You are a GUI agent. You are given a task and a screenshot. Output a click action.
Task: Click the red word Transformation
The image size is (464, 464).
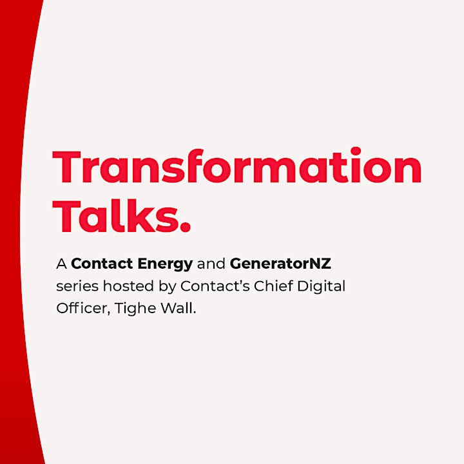(x=237, y=166)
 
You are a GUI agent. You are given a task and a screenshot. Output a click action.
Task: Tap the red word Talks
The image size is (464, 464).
(x=121, y=216)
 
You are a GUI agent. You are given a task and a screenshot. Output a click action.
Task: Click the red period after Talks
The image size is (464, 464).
(x=185, y=227)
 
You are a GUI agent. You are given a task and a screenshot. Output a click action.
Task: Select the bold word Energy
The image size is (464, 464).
(x=165, y=264)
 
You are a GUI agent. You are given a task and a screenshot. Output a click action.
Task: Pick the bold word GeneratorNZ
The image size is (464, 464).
(x=280, y=264)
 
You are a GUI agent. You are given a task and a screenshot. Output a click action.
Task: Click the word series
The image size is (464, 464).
(x=77, y=286)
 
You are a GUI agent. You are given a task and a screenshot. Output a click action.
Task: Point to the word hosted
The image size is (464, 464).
(x=128, y=286)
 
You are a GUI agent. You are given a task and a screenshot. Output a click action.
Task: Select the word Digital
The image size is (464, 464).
(x=322, y=287)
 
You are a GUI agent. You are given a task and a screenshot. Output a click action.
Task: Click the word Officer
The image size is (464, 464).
(x=83, y=308)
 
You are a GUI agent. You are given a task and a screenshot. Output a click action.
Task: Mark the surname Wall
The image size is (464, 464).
(x=179, y=308)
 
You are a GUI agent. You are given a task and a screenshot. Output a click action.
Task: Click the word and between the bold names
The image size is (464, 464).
(x=211, y=264)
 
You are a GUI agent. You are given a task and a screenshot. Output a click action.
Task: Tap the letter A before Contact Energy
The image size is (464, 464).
(x=62, y=264)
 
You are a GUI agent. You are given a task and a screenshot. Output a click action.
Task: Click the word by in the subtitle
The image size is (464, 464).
(x=167, y=287)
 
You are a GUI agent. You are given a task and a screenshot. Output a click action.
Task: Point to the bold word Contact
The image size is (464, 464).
(x=102, y=264)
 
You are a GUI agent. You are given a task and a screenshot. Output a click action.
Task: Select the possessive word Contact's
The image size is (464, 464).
(x=215, y=286)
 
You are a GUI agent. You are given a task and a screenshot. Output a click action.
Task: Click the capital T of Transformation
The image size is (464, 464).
(x=66, y=167)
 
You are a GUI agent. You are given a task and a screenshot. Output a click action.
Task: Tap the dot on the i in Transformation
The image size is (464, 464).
(x=356, y=151)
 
